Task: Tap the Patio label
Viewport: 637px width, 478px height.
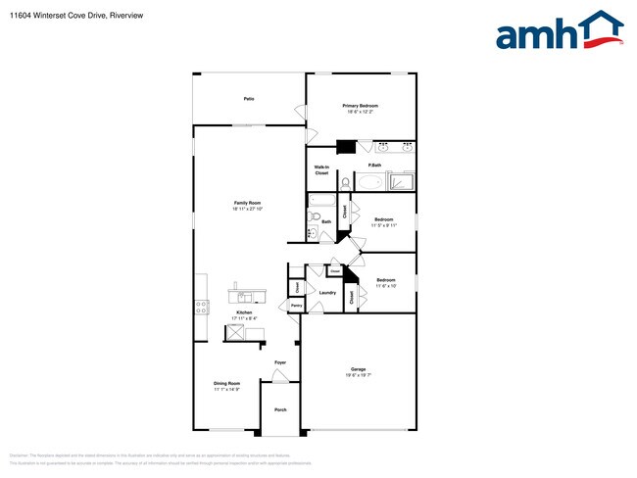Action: pos(249,99)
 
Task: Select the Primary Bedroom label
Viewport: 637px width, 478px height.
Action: pos(360,106)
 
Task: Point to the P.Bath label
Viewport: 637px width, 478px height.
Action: pos(374,166)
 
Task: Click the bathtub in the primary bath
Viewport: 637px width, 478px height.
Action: pos(370,182)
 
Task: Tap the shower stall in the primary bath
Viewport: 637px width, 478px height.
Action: pos(402,181)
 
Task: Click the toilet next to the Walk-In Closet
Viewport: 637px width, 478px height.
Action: pos(344,182)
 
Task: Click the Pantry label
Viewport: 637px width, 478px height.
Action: pos(296,306)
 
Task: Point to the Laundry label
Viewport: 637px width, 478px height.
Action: pos(327,292)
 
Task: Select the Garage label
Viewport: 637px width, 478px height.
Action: pos(358,368)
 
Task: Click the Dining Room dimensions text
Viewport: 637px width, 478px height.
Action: pos(227,390)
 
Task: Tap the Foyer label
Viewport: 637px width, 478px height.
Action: pos(280,362)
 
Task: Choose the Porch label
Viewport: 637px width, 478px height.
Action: pos(280,409)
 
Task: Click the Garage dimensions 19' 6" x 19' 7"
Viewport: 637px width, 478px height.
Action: pos(358,375)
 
